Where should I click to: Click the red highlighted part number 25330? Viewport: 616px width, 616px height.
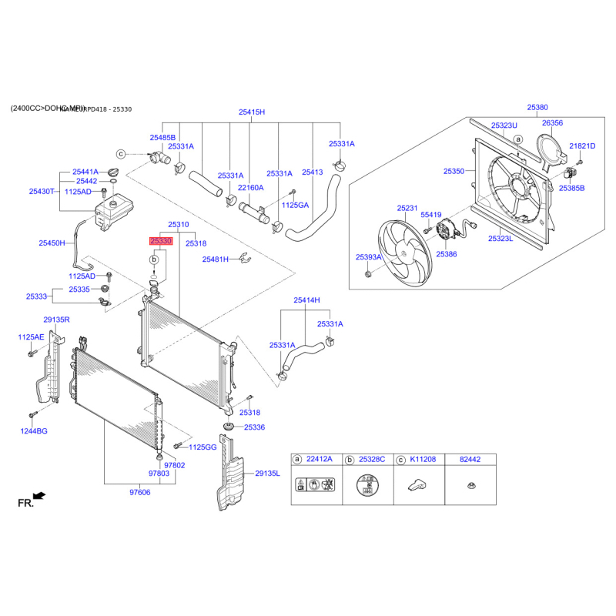point(161,241)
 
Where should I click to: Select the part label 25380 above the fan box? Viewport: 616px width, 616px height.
point(537,108)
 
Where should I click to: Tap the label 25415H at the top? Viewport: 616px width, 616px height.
point(251,112)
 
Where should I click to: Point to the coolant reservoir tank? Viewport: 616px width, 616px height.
point(115,212)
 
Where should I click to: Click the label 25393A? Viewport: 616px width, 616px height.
point(369,256)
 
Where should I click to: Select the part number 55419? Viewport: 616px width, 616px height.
point(430,215)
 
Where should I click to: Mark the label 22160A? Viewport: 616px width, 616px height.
point(250,187)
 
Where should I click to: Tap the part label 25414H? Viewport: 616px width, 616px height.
point(306,300)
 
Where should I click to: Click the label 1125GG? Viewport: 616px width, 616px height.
point(203,447)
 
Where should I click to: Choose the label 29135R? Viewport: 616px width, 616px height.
point(56,319)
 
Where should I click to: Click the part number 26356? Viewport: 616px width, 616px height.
point(552,122)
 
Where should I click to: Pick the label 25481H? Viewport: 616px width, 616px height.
point(216,259)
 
